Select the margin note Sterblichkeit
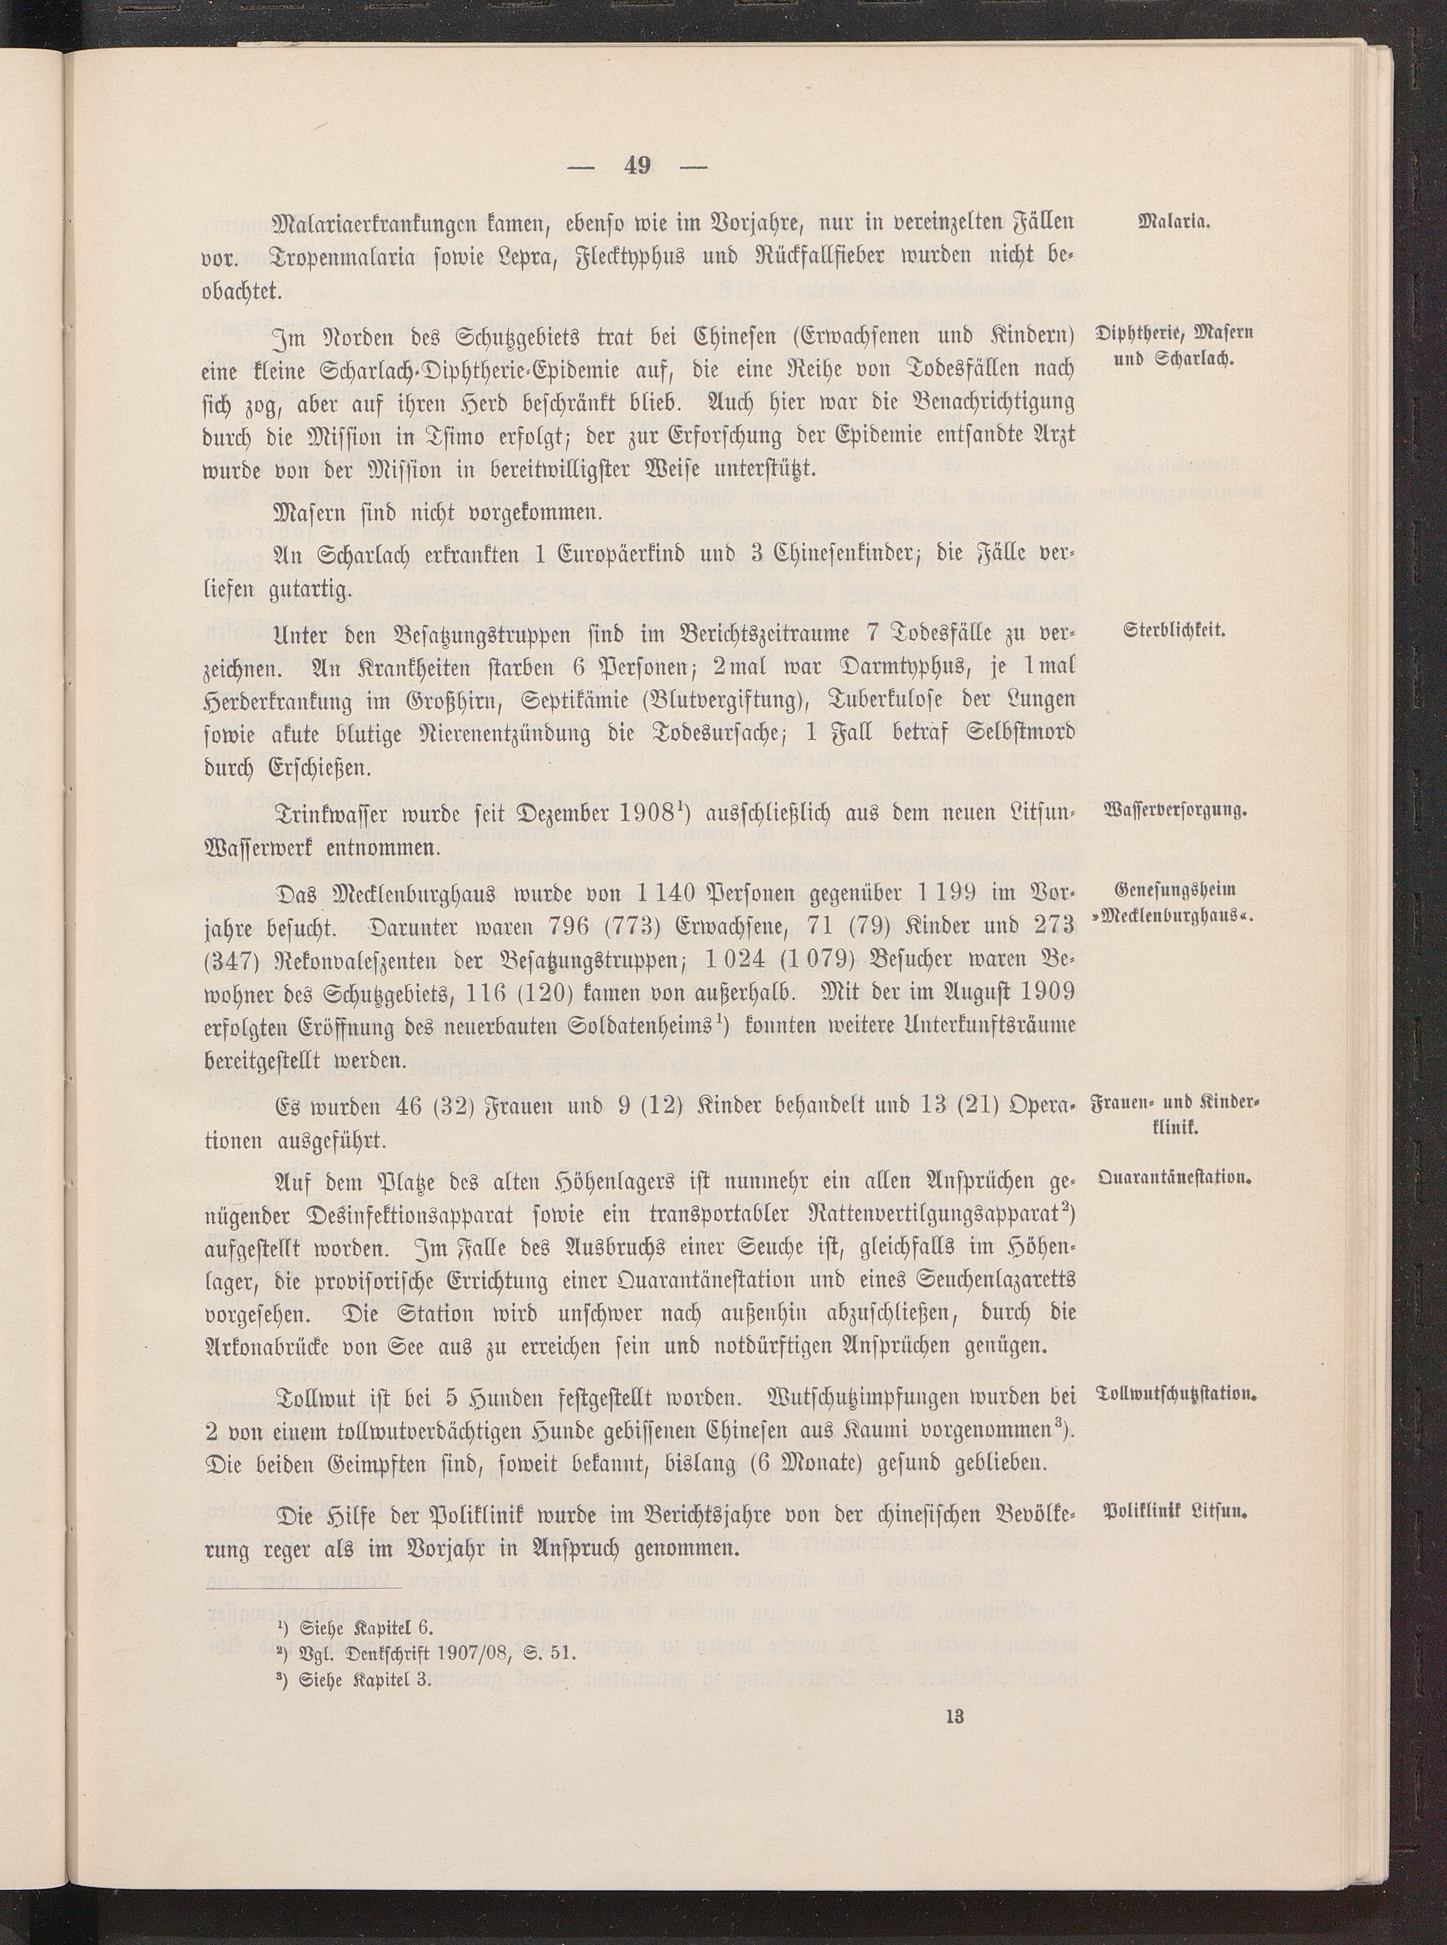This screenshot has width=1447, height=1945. pos(1173,631)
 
